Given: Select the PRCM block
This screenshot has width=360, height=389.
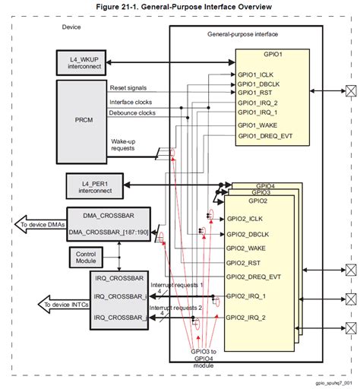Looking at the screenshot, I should click(84, 120).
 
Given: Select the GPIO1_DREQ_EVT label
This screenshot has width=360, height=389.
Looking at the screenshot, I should click(265, 135).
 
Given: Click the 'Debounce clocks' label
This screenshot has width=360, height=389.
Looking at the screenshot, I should click(134, 113).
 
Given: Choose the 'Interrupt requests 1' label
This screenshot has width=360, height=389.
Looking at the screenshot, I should click(175, 283).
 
